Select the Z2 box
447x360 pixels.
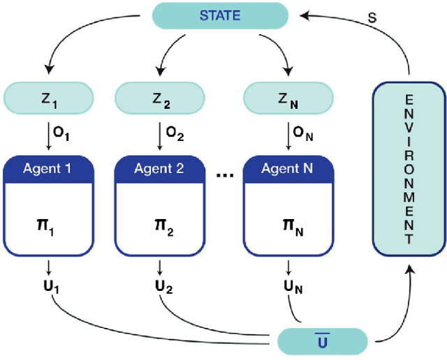pyautogui.click(x=160, y=98)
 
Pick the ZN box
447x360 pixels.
pyautogui.click(x=288, y=98)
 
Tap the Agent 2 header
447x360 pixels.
pyautogui.click(x=160, y=169)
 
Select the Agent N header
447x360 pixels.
pyautogui.click(x=288, y=169)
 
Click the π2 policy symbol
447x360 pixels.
pyautogui.click(x=160, y=227)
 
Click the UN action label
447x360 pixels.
pyautogui.click(x=290, y=286)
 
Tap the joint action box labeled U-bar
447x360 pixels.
pyautogui.click(x=322, y=340)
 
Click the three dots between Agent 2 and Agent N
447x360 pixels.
pyautogui.click(x=224, y=175)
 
